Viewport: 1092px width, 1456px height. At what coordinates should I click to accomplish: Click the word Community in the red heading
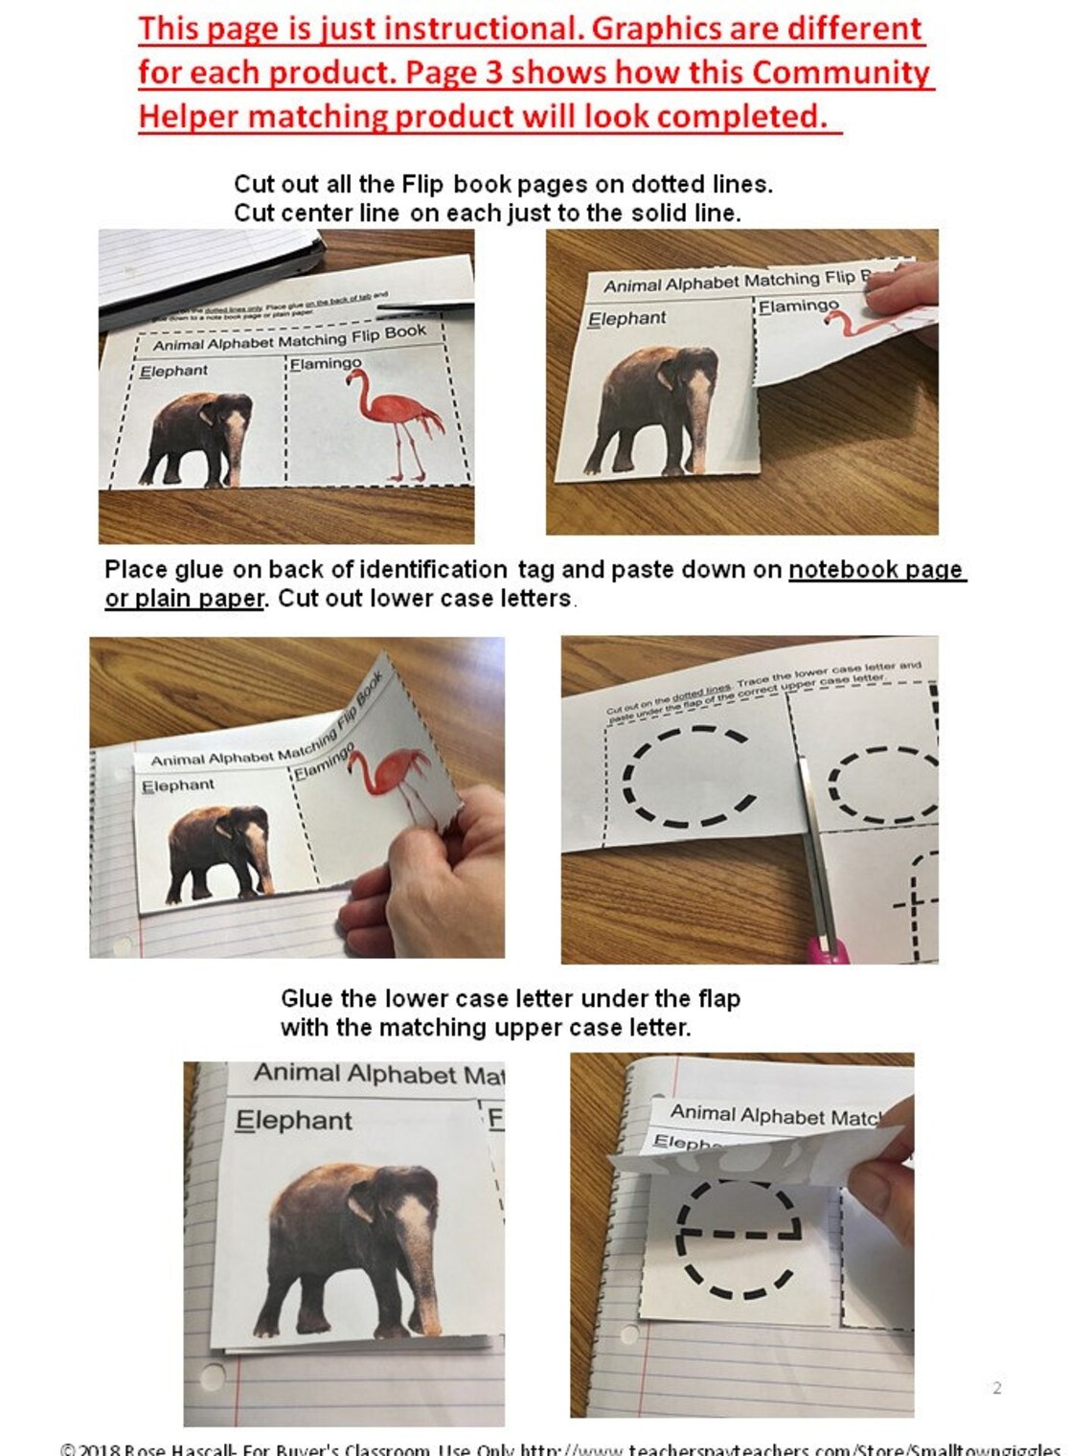point(840,73)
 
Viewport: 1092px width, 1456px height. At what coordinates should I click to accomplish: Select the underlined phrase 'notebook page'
point(876,569)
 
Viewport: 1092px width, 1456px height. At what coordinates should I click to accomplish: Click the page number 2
point(997,1388)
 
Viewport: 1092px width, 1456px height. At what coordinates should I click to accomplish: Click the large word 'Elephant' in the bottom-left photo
point(294,1120)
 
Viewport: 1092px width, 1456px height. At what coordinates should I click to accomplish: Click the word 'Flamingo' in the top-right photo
point(798,306)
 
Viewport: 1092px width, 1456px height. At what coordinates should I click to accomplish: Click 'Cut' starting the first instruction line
point(255,184)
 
